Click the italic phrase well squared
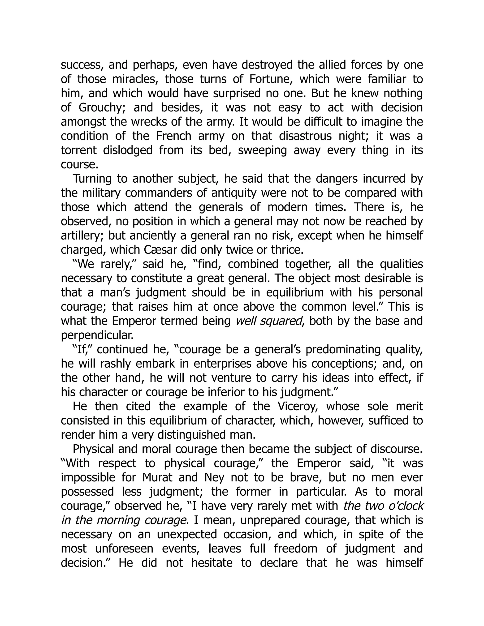(269, 321)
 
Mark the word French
(173, 136)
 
